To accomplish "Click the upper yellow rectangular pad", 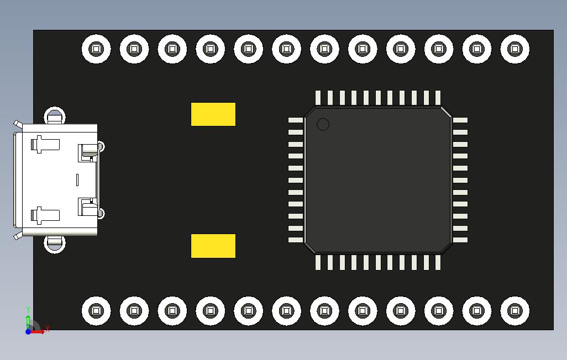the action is click(213, 114).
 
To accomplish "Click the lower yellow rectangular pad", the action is click(213, 246).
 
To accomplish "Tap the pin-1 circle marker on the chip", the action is click(323, 124).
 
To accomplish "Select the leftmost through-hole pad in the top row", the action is click(96, 49).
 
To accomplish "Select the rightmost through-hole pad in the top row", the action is click(514, 49).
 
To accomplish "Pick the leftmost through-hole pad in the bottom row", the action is click(96, 311).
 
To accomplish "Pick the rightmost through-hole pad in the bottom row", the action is click(514, 311).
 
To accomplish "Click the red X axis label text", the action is click(48, 329).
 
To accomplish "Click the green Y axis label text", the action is click(28, 310).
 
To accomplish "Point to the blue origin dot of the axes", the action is click(28, 332).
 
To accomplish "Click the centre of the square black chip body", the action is click(378, 180).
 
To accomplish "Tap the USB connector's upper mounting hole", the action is click(54, 117).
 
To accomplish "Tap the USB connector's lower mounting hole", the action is click(54, 242).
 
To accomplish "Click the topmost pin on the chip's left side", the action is click(296, 120).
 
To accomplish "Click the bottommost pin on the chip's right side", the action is click(460, 240).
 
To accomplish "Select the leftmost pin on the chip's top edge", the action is click(318, 98).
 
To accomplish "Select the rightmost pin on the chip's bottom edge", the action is click(438, 262).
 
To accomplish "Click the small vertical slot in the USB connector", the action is click(77, 179).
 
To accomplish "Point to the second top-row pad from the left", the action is click(134, 49).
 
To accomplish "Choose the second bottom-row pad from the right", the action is click(476, 311).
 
